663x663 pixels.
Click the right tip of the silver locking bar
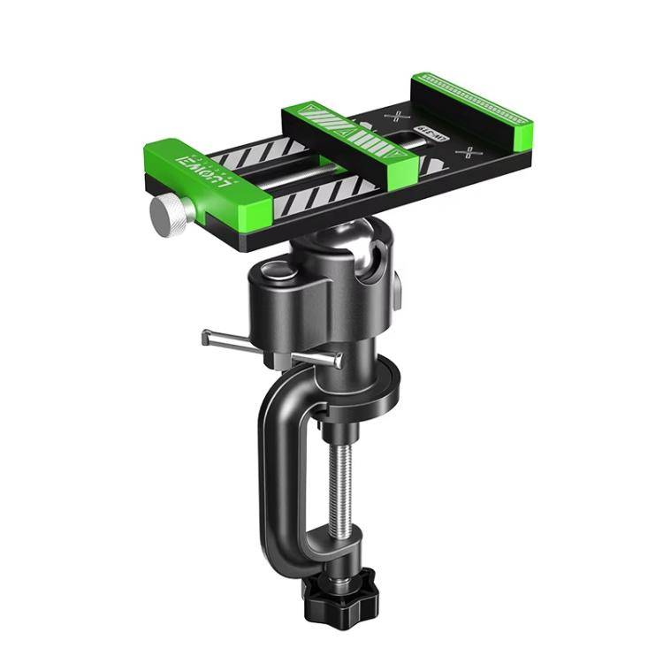(x=339, y=359)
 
